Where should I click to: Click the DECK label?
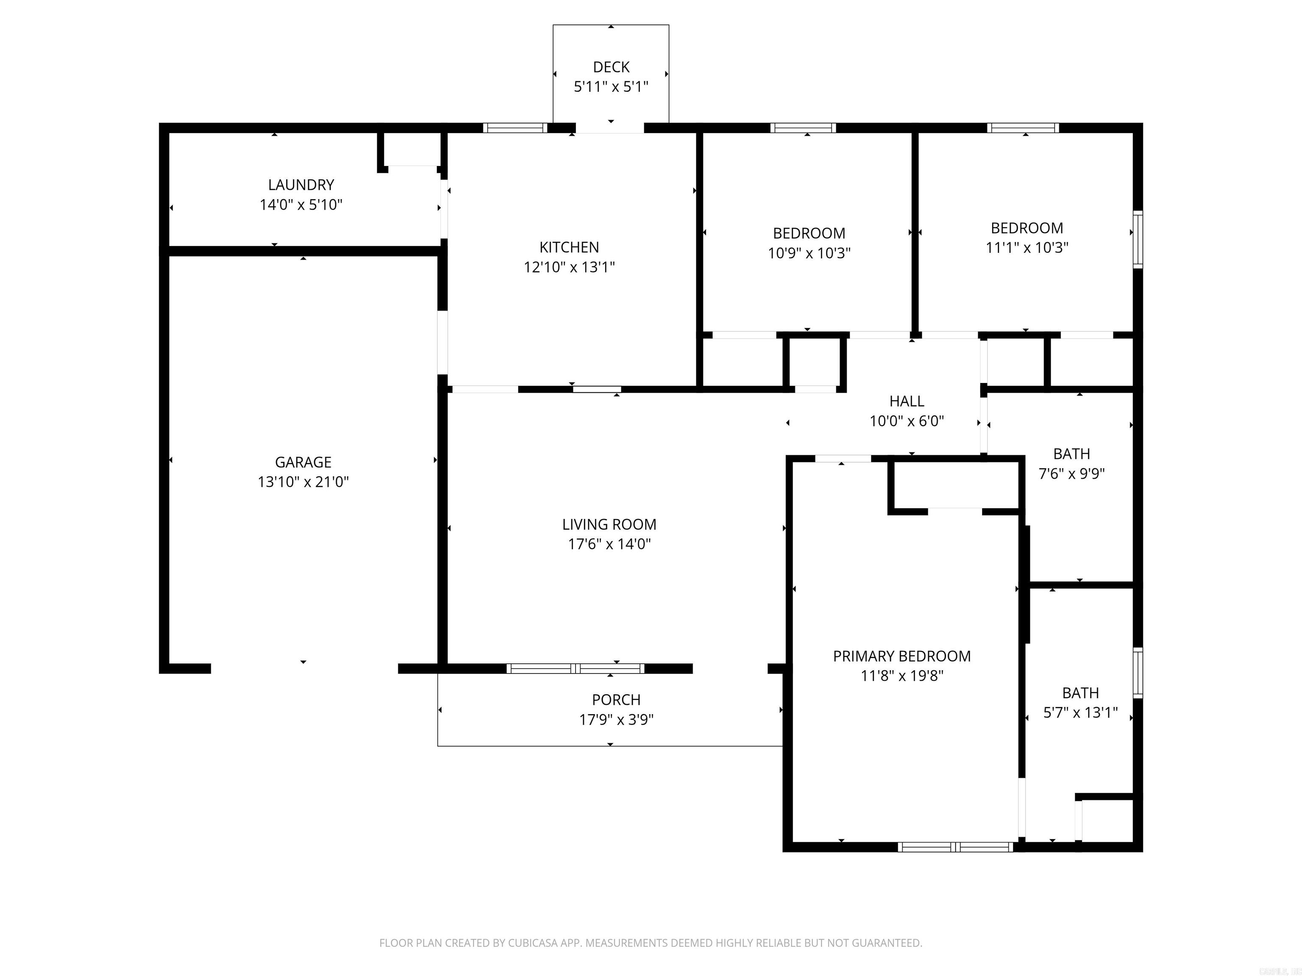coord(611,67)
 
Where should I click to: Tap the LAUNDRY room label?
coord(301,185)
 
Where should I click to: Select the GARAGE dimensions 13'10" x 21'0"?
coord(303,482)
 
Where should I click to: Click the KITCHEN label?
coord(569,247)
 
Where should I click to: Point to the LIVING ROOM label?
coord(609,524)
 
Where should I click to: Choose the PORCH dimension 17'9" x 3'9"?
coord(616,719)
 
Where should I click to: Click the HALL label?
coord(907,401)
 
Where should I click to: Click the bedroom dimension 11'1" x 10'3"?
coord(1027,248)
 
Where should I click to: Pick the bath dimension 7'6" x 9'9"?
coord(1071,474)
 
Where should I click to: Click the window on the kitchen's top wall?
coord(515,128)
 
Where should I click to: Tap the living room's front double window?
coord(575,668)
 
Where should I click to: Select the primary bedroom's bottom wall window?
coord(955,847)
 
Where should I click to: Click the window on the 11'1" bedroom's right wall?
coord(1138,239)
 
